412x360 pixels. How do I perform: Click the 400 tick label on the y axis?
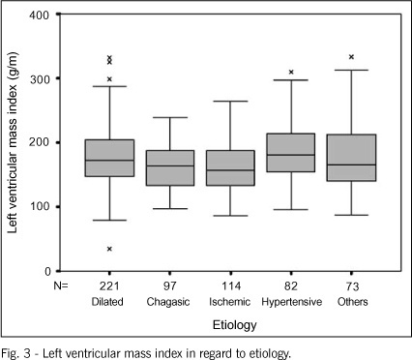pyautogui.click(x=40, y=15)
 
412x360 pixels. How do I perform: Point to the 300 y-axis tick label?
pyautogui.click(x=40, y=79)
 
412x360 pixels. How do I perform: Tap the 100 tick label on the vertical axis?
pyautogui.click(x=40, y=207)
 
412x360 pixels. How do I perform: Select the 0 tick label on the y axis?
pyautogui.click(x=47, y=272)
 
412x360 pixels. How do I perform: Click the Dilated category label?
pyautogui.click(x=107, y=302)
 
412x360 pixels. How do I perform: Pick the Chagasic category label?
pyautogui.click(x=168, y=302)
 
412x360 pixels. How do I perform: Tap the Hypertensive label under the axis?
pyautogui.click(x=292, y=302)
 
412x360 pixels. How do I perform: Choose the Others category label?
pyautogui.click(x=353, y=302)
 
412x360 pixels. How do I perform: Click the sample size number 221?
pyautogui.click(x=109, y=285)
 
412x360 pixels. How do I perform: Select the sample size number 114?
pyautogui.click(x=231, y=285)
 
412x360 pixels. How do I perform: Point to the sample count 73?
pyautogui.click(x=352, y=285)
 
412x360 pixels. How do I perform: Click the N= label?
pyautogui.click(x=61, y=285)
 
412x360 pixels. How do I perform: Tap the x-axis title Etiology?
pyautogui.click(x=235, y=325)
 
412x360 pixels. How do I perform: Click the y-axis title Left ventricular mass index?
pyautogui.click(x=13, y=142)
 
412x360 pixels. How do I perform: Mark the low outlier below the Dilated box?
pyautogui.click(x=109, y=249)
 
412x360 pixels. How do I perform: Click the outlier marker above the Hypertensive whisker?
pyautogui.click(x=291, y=72)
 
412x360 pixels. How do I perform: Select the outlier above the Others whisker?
pyautogui.click(x=351, y=57)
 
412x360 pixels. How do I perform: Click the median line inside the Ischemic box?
pyautogui.click(x=230, y=170)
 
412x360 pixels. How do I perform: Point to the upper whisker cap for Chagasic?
pyautogui.click(x=170, y=117)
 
